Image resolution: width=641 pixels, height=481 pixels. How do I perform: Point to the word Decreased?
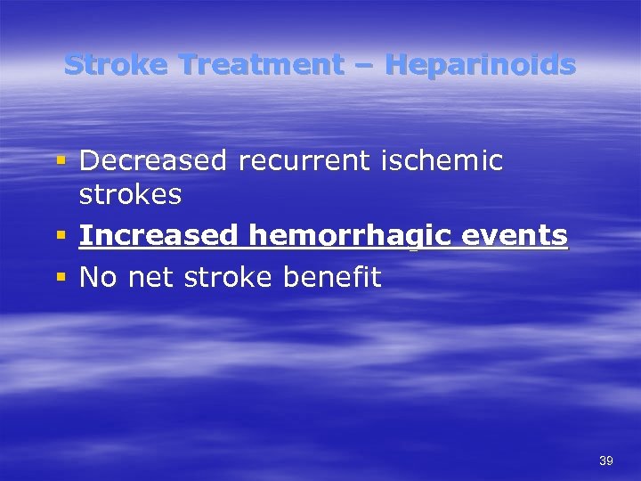tap(153, 161)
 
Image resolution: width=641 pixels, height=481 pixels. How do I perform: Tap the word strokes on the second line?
tap(131, 193)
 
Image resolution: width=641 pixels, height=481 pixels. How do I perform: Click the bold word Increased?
tap(158, 236)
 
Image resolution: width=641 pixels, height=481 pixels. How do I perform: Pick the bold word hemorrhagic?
tap(355, 236)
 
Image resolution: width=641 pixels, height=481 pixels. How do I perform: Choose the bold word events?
tap(520, 236)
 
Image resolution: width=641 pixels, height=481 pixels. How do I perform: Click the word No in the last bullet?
tap(99, 277)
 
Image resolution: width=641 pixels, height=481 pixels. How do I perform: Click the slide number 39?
tap(606, 461)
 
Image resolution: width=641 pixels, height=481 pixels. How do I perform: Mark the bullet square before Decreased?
tap(61, 162)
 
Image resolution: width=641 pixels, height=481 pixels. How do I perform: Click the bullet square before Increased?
tap(61, 236)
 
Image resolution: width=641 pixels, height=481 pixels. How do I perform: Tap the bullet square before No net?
tap(61, 278)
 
